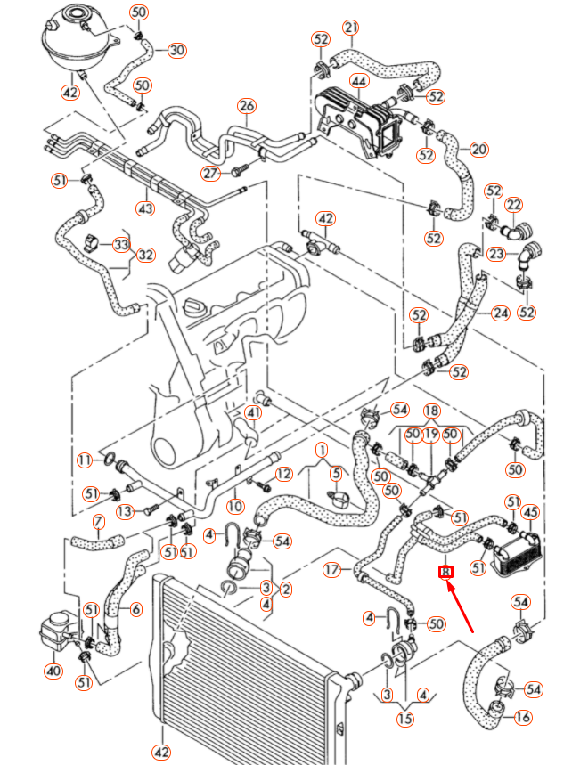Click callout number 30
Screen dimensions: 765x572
[176, 50]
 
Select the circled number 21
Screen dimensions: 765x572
[350, 28]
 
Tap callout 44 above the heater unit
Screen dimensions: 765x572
[359, 81]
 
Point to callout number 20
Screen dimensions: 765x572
[479, 149]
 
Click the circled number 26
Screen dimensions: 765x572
[247, 106]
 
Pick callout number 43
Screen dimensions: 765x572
[143, 208]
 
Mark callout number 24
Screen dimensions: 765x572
[500, 313]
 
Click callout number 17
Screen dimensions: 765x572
[331, 569]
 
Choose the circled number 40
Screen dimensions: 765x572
[53, 671]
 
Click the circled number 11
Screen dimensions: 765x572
[85, 460]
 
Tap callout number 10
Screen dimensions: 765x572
[234, 506]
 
